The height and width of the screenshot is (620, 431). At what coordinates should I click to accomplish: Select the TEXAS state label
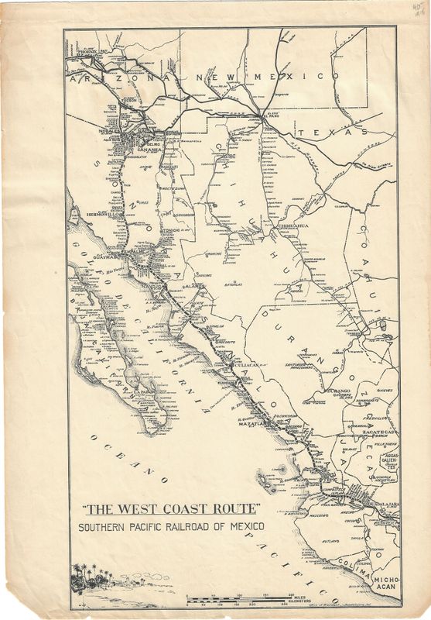pos(340,133)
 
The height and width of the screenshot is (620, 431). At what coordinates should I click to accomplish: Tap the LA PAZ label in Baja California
pos(142,392)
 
